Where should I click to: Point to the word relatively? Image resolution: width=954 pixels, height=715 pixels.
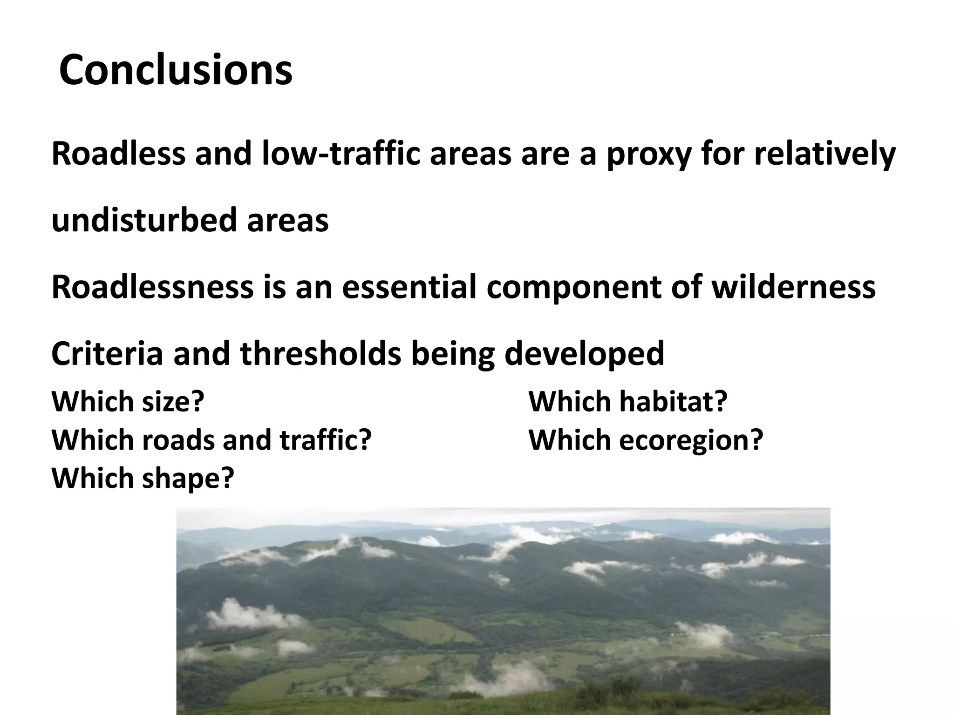[824, 155]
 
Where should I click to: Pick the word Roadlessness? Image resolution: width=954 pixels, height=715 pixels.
[152, 287]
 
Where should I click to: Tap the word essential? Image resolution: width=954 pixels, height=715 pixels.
[409, 287]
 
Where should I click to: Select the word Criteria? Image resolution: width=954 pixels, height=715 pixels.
[107, 353]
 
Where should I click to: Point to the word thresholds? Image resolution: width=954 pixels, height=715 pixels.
[320, 353]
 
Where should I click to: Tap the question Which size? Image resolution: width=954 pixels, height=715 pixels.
[128, 401]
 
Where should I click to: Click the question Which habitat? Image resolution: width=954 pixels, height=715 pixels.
[627, 401]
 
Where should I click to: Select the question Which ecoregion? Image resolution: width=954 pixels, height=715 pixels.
[646, 440]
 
